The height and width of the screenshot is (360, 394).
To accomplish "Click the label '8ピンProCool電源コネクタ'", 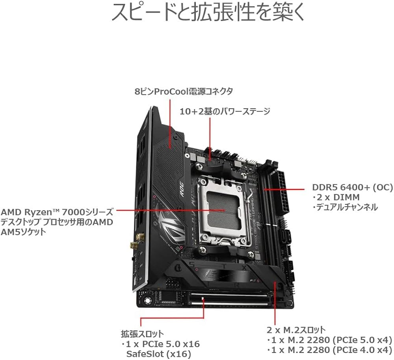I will [184, 91].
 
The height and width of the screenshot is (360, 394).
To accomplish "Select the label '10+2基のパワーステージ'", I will [225, 111].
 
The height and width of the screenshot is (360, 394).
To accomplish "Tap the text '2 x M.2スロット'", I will [296, 329].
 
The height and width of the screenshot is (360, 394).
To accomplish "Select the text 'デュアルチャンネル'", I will [345, 207].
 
